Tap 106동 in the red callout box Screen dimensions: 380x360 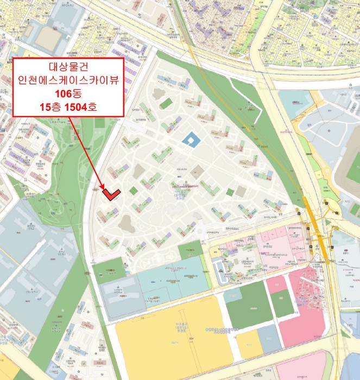[x=69, y=94]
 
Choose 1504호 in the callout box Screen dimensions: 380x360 [x=81, y=107]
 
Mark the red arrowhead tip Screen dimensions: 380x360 [x=107, y=194]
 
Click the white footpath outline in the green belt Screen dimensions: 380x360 [x=65, y=179]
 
